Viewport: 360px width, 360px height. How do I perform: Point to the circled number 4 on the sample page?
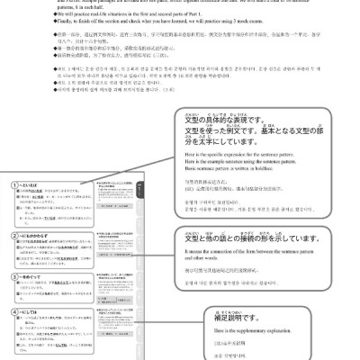pos(7,310)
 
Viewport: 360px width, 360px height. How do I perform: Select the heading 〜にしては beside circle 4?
pos(26,310)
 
